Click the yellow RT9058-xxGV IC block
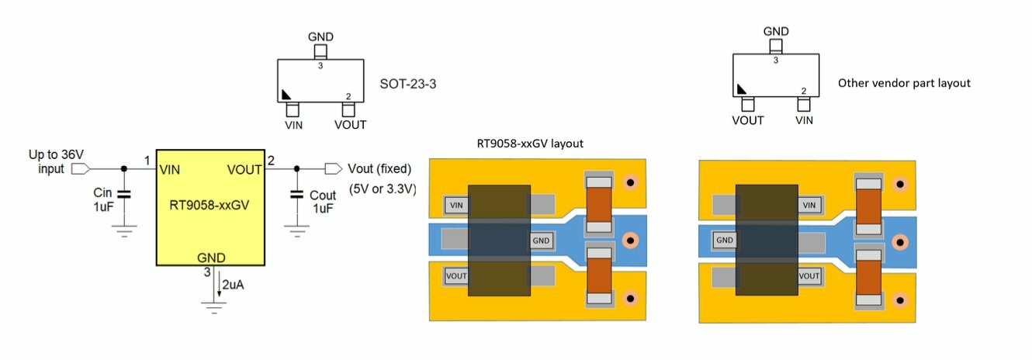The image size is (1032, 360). (x=210, y=206)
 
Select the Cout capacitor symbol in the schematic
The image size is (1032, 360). (x=296, y=193)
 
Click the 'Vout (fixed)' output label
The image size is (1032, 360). (x=379, y=169)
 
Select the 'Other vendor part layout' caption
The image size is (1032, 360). (x=904, y=82)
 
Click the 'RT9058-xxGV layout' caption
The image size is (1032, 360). (x=529, y=143)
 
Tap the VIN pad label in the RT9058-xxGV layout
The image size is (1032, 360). (x=456, y=206)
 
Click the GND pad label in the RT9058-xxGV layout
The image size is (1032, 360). (x=541, y=241)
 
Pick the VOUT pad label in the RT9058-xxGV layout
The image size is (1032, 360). (x=456, y=275)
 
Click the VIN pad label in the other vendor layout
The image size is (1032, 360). (x=809, y=205)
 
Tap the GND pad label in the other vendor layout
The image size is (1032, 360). (x=725, y=241)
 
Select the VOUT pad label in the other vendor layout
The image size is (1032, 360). (x=809, y=275)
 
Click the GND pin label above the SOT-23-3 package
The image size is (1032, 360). (x=320, y=36)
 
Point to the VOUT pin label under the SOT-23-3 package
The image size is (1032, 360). (x=350, y=124)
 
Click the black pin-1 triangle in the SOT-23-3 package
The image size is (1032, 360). (x=286, y=94)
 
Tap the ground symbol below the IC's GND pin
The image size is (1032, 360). (x=213, y=305)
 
